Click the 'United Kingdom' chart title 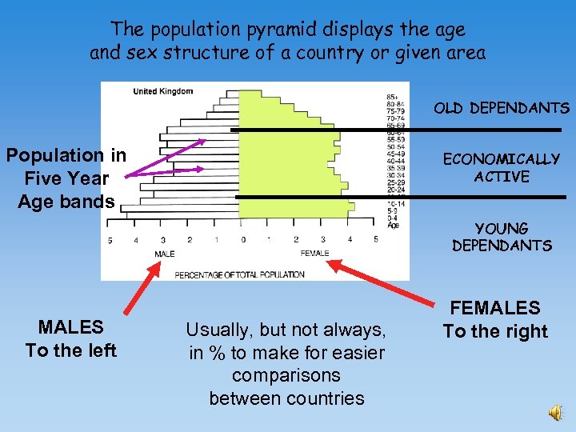(x=162, y=91)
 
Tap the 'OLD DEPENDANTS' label (x=502, y=108)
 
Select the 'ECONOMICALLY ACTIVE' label (x=502, y=168)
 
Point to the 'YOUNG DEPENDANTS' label (x=502, y=238)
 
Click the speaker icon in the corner (x=555, y=412)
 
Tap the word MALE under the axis (x=164, y=254)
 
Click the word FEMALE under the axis (x=314, y=254)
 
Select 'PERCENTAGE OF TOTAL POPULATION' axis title (x=239, y=274)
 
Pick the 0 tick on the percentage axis (x=243, y=239)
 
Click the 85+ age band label (x=392, y=98)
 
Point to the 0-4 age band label (x=392, y=218)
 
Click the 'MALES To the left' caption (x=71, y=338)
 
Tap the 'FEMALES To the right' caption (x=495, y=320)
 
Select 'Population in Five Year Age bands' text (x=66, y=178)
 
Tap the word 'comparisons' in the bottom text (x=286, y=375)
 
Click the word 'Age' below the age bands (x=392, y=226)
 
